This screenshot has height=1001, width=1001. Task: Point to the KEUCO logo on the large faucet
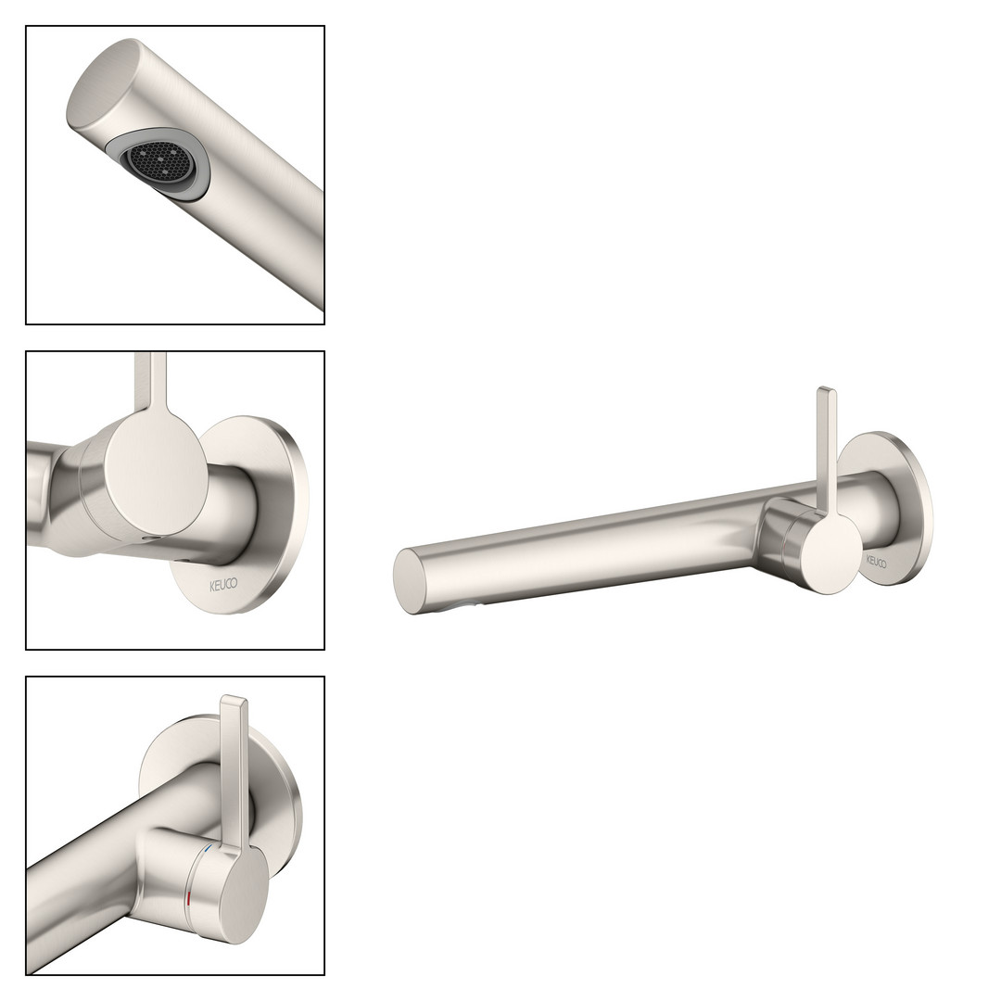(876, 563)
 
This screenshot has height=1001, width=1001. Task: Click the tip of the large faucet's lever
(826, 389)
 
